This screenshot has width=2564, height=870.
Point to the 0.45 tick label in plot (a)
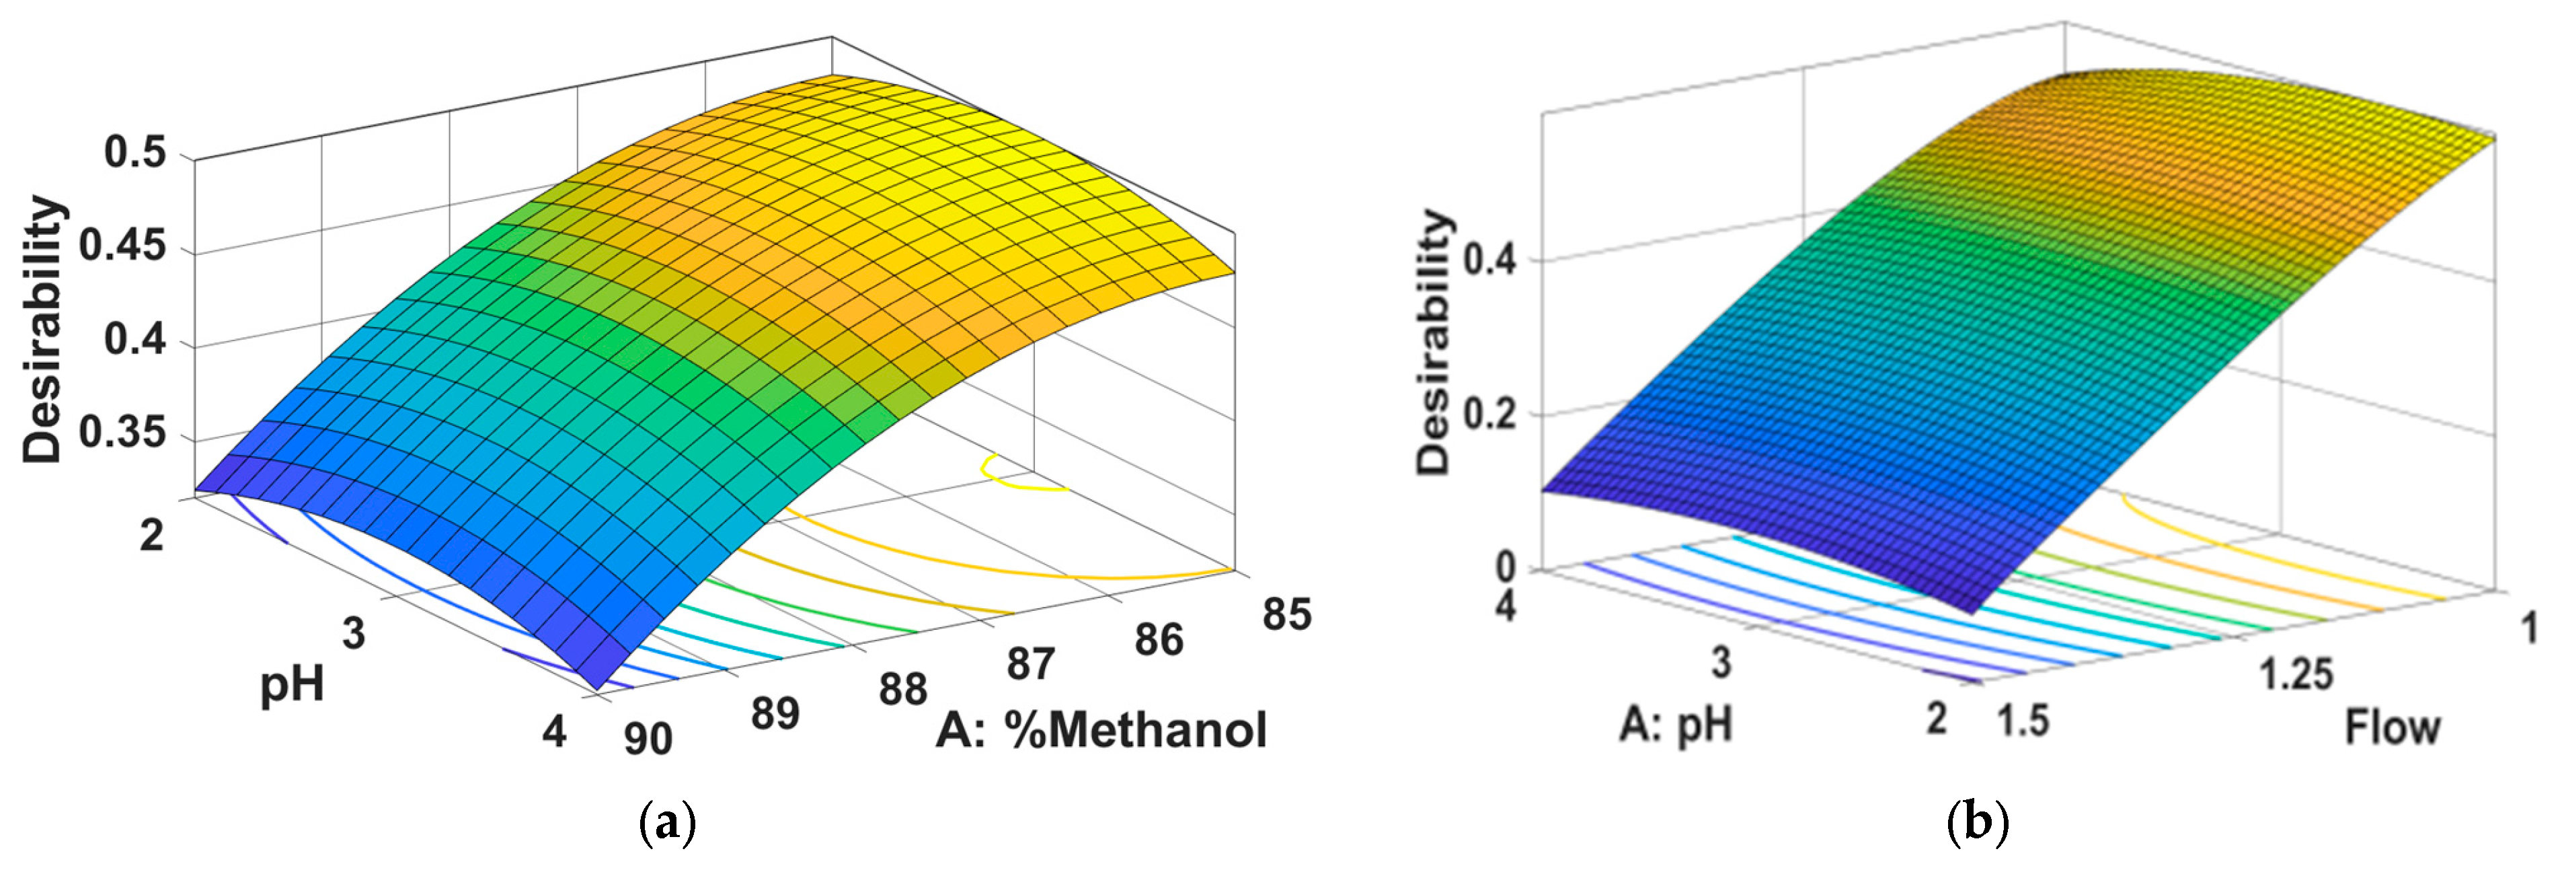point(122,245)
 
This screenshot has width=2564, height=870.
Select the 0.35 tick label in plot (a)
point(122,433)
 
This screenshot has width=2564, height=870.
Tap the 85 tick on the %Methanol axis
point(1286,614)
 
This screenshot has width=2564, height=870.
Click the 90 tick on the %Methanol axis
point(648,737)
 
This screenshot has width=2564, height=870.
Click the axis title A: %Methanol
point(1101,729)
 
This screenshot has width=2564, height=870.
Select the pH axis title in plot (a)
point(292,686)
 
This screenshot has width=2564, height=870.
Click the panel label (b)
point(1977,823)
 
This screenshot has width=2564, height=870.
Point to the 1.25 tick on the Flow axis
point(2295,675)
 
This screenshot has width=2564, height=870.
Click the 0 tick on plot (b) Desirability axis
point(1505,567)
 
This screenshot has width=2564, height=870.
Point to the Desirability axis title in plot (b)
point(1434,341)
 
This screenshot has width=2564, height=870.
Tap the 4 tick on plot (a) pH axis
point(553,731)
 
